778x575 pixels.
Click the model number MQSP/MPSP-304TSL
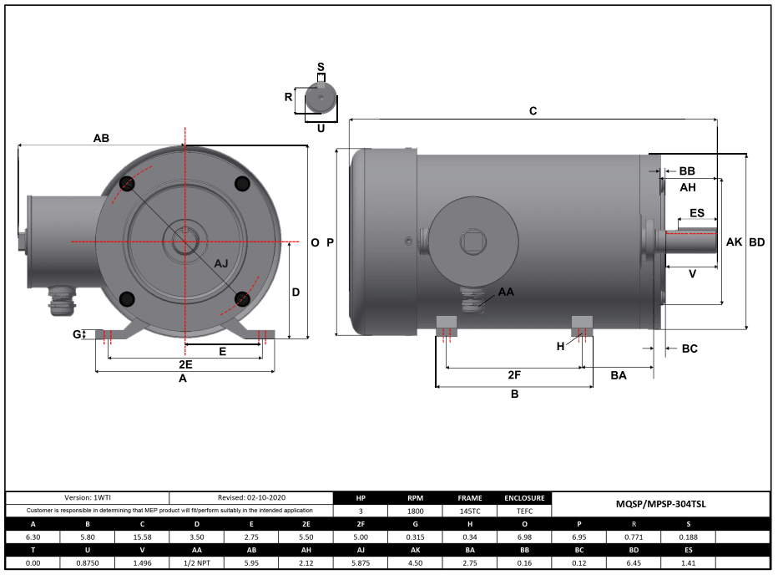tap(660, 504)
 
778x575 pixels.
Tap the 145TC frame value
tap(470, 510)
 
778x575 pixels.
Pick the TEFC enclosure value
tap(525, 510)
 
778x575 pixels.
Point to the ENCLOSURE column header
tap(525, 497)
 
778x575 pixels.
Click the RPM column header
tap(415, 497)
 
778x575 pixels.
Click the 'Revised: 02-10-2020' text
tap(250, 497)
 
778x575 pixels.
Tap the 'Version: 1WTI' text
tap(88, 497)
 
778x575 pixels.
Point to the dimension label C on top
tap(533, 110)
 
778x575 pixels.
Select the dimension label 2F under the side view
tap(514, 375)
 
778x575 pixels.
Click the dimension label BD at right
tap(756, 242)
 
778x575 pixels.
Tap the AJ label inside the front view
tap(221, 263)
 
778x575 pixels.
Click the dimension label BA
tap(618, 376)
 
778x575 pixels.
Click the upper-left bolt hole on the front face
tap(127, 184)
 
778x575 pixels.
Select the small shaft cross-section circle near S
tap(321, 98)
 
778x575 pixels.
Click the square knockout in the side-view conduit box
tap(472, 242)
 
